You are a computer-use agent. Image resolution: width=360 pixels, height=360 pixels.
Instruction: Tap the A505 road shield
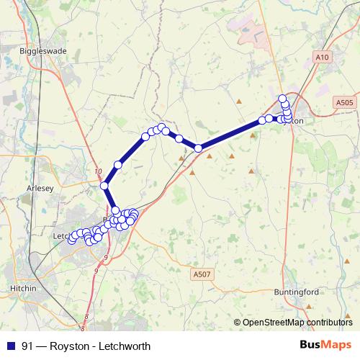[x=344, y=103]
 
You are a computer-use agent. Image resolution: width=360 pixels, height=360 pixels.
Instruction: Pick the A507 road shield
[x=202, y=274]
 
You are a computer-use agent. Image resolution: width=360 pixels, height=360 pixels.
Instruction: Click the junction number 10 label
[x=99, y=171]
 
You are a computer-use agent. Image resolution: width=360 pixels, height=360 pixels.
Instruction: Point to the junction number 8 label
[x=86, y=316]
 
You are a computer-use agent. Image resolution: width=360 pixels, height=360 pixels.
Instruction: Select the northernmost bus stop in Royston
[x=283, y=98]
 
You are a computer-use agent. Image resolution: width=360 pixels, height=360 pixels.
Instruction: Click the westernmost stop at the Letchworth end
[x=71, y=240]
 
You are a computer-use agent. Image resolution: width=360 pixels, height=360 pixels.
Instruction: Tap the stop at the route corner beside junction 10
[x=104, y=186]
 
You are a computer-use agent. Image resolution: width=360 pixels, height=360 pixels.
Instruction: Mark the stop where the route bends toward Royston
[x=198, y=148]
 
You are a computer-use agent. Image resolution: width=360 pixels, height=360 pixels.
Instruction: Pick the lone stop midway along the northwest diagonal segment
[x=117, y=165]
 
